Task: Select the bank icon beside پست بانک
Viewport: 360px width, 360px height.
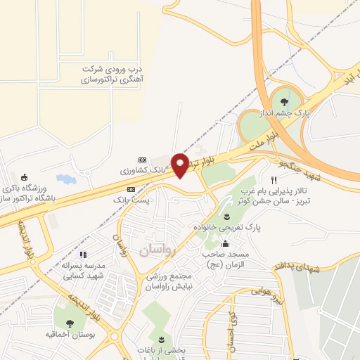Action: click(x=131, y=189)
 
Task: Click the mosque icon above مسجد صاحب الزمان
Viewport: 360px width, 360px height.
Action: click(x=225, y=244)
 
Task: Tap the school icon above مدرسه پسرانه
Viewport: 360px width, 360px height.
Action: click(x=83, y=255)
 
